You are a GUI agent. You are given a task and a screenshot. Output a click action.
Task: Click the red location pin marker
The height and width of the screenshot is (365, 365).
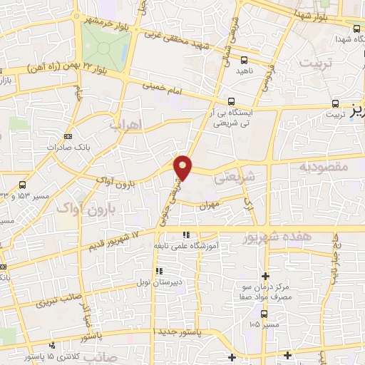pos(183,166)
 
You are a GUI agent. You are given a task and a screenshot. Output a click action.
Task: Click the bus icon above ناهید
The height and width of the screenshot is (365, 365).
pos(245,59)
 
